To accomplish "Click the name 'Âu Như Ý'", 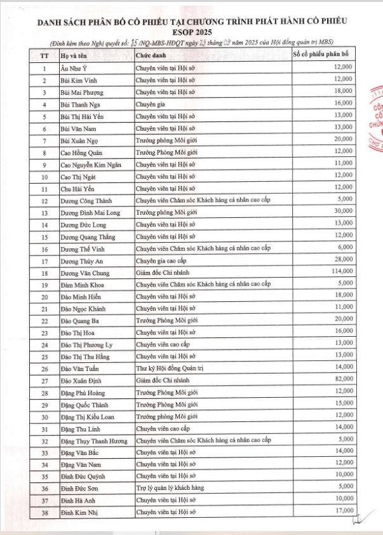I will (72, 67).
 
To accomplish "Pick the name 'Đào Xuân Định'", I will (81, 380).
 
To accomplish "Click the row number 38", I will (44, 511).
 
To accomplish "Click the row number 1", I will (44, 68).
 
